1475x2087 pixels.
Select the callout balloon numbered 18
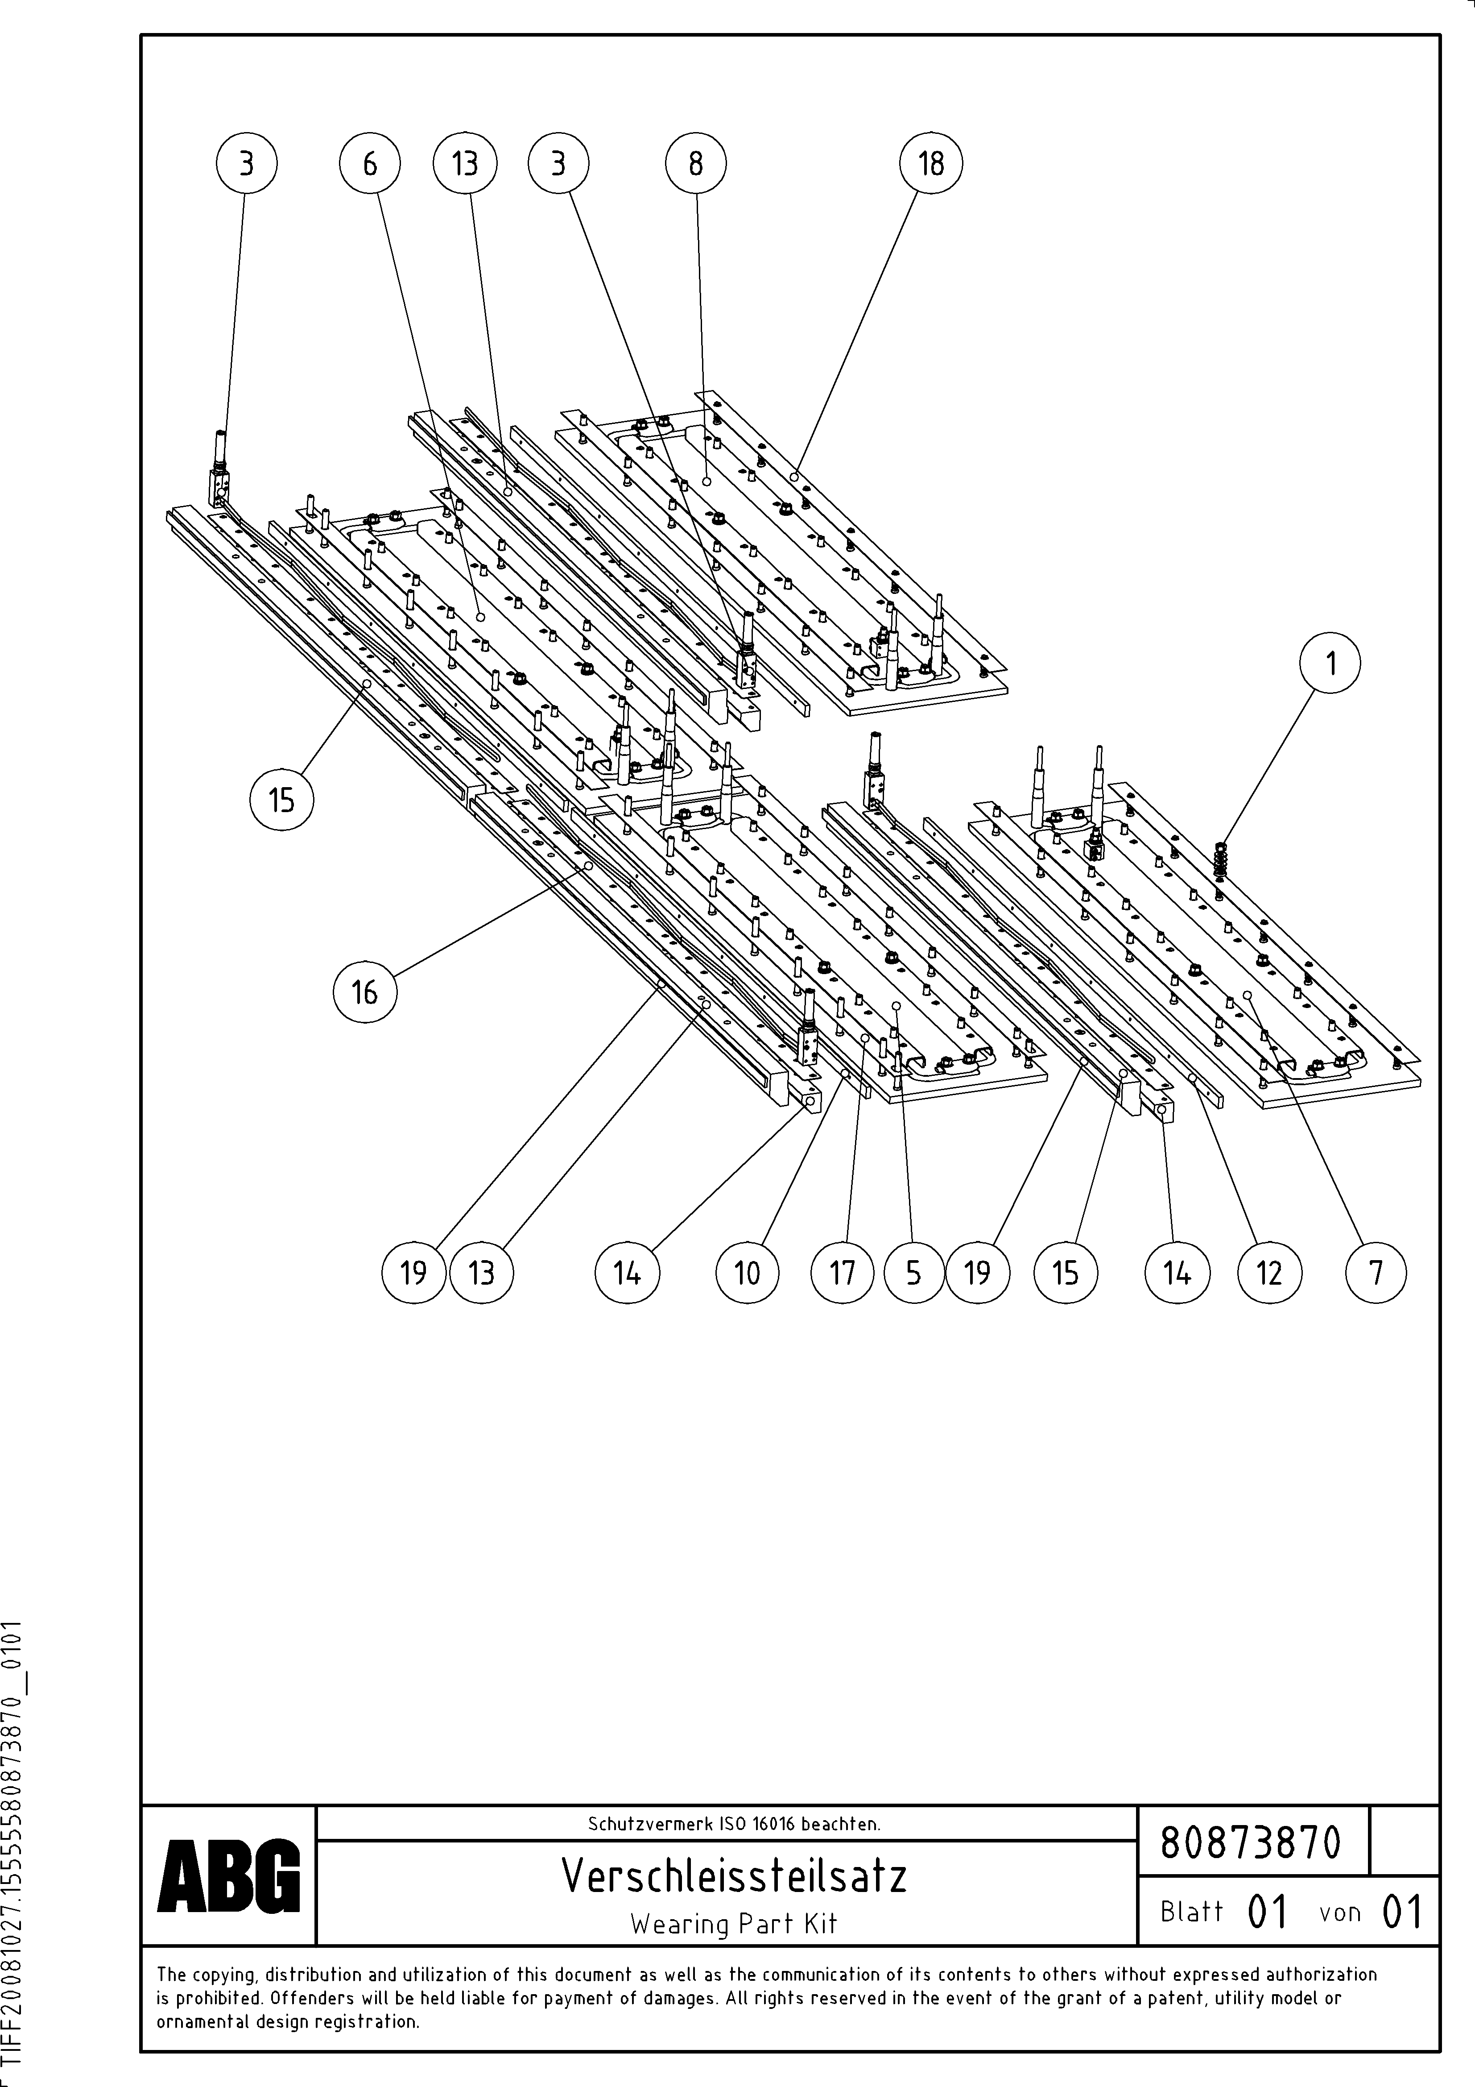[930, 164]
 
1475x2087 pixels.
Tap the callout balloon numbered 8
[695, 164]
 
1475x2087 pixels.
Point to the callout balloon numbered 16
[364, 992]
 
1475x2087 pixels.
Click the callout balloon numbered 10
[746, 1273]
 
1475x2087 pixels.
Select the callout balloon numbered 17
[843, 1273]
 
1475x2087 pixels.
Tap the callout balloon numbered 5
[913, 1273]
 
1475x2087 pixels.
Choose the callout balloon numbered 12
[1268, 1273]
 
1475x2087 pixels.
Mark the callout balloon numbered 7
[1376, 1273]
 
